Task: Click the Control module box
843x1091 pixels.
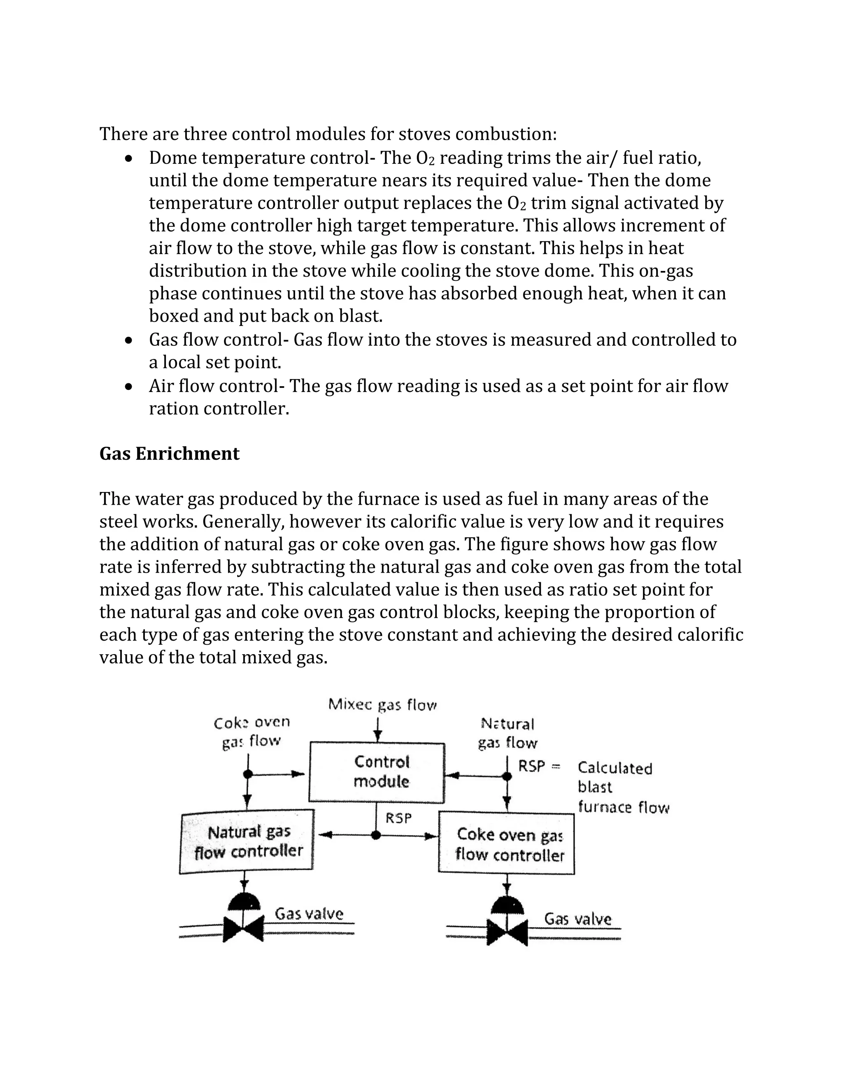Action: click(377, 772)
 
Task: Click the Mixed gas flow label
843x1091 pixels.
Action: click(382, 705)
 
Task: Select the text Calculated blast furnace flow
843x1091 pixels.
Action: click(622, 787)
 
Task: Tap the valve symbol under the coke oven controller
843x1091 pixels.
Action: click(507, 928)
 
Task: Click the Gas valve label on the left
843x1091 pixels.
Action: click(309, 914)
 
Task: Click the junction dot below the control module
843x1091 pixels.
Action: click(377, 835)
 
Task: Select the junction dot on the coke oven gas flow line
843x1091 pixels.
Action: click(248, 774)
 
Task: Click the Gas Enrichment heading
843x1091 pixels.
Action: click(169, 454)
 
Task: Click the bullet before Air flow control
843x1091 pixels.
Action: click(129, 387)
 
